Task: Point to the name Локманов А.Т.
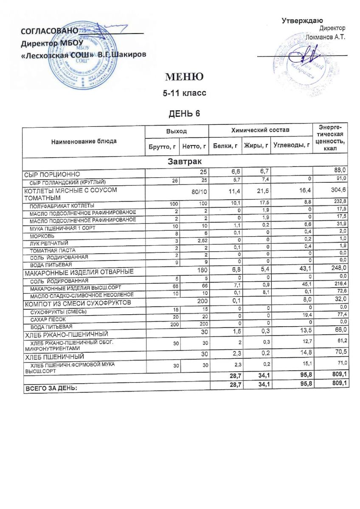[326, 37]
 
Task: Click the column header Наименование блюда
[84, 141]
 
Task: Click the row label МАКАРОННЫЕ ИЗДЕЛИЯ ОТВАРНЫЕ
[79, 271]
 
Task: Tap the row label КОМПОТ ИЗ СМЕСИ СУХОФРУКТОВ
[77, 302]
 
